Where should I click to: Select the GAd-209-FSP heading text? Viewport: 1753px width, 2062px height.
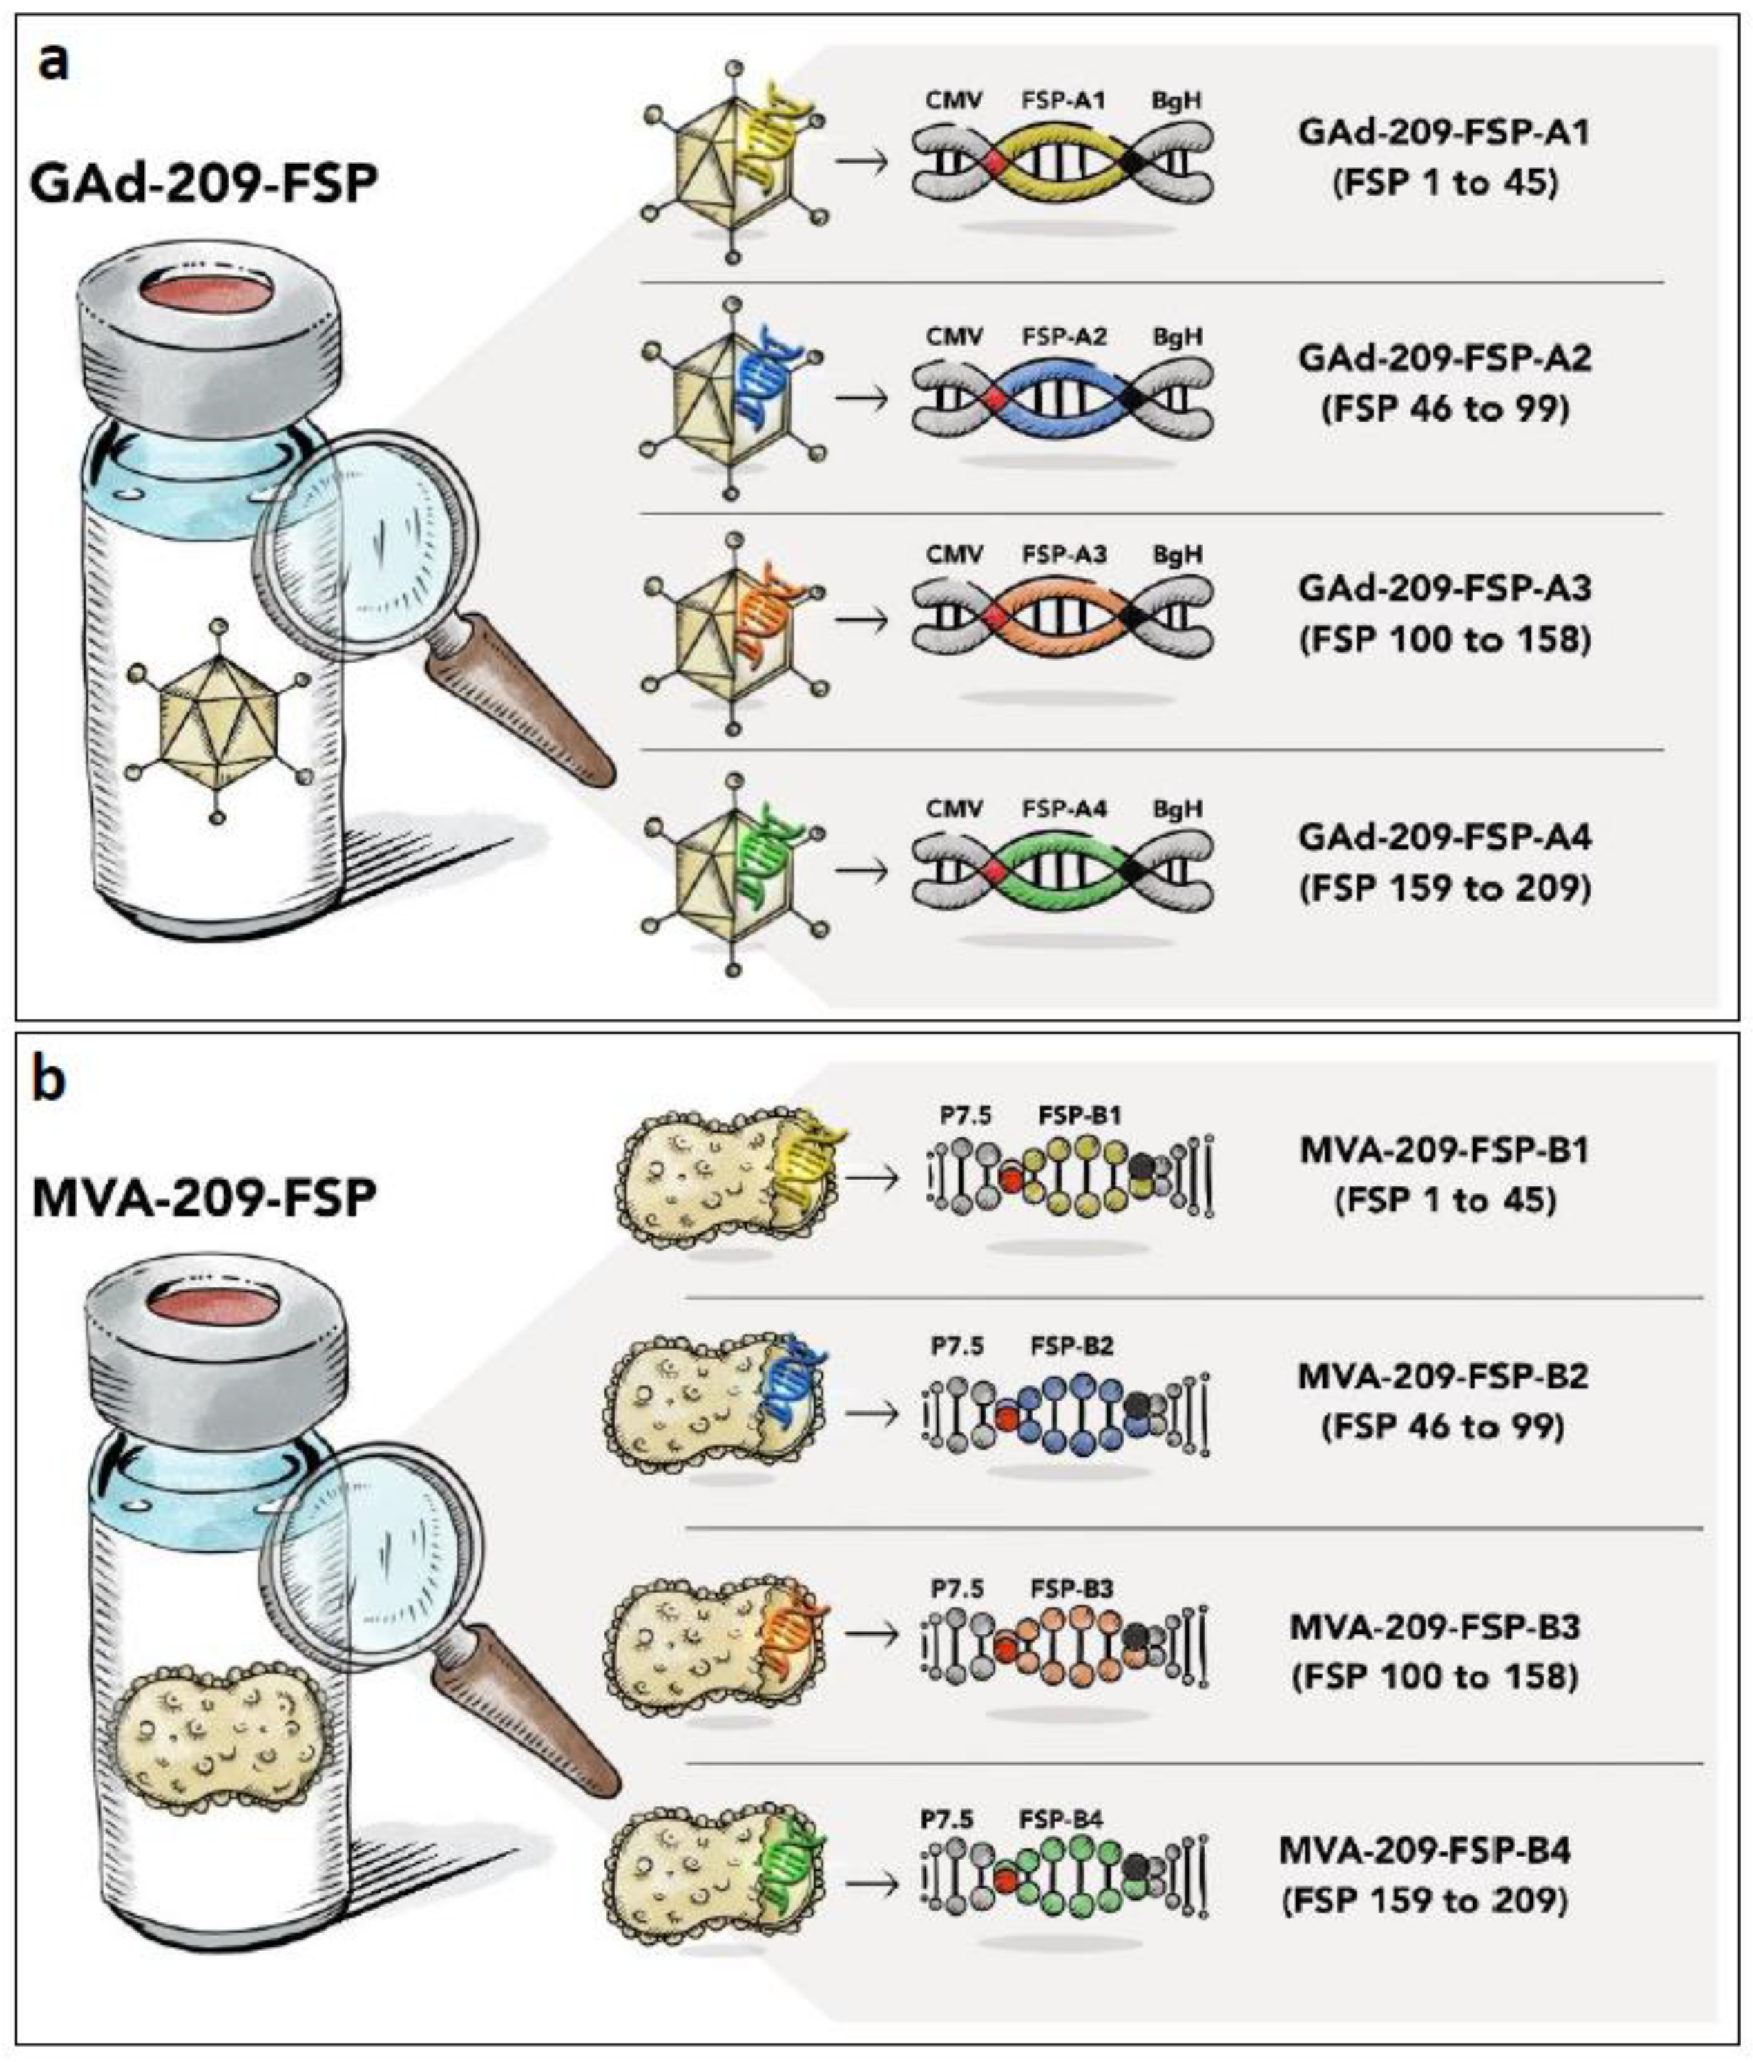[x=204, y=185]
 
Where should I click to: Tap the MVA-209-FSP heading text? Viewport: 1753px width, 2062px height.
[x=204, y=1199]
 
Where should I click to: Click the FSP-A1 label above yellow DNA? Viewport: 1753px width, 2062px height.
[x=1062, y=100]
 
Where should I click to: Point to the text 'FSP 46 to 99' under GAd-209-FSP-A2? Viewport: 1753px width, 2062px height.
[x=1445, y=408]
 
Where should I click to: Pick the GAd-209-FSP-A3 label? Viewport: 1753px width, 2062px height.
[x=1445, y=589]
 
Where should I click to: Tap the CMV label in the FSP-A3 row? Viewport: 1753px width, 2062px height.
[x=954, y=554]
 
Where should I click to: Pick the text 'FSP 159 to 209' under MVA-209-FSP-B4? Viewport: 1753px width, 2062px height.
[x=1424, y=1901]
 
